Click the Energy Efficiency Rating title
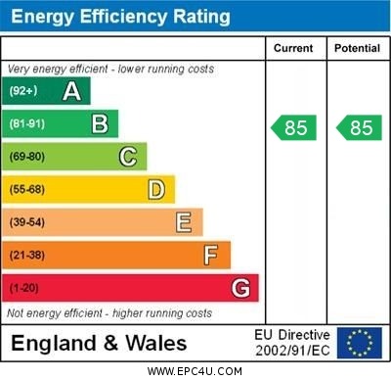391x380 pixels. (x=120, y=17)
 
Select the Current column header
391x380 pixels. (x=293, y=48)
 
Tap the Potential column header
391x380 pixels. (x=356, y=48)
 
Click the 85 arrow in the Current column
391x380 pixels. (x=294, y=127)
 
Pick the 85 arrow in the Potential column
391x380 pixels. (x=358, y=127)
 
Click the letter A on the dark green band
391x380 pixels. (x=71, y=91)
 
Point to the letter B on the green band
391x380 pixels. (x=100, y=123)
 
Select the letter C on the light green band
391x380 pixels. (x=128, y=157)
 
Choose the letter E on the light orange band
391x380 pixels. (x=184, y=222)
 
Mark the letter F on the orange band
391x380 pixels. (x=211, y=256)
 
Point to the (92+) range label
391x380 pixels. (x=23, y=91)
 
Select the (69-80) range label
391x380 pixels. (x=27, y=157)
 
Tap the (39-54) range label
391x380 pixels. (x=27, y=222)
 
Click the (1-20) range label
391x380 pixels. (x=24, y=289)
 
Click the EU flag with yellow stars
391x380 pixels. (x=360, y=343)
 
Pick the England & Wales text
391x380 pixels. (x=98, y=344)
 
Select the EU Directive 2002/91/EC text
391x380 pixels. (x=292, y=343)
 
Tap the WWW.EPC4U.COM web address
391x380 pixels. (x=195, y=371)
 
